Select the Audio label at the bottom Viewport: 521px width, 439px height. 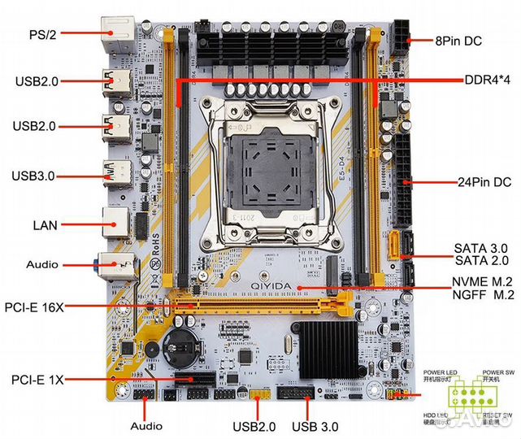coord(146,425)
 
